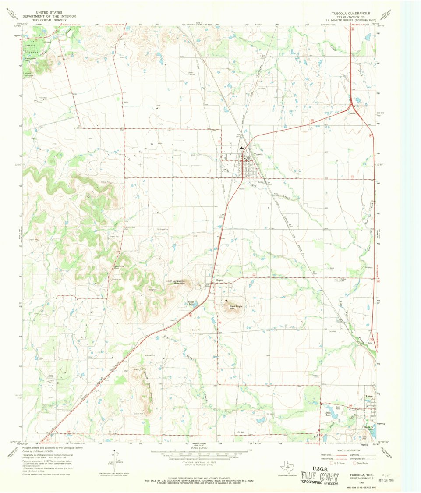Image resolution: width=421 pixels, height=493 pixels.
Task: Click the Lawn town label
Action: (x=368, y=397)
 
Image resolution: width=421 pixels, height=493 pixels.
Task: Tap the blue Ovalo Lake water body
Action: (x=195, y=304)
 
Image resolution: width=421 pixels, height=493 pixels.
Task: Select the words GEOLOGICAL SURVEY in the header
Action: (x=43, y=20)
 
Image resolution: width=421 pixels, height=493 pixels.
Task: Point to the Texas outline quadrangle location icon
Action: (x=287, y=466)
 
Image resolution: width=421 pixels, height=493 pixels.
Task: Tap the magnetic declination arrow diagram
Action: (x=117, y=460)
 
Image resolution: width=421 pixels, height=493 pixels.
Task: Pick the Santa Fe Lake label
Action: (x=367, y=428)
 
